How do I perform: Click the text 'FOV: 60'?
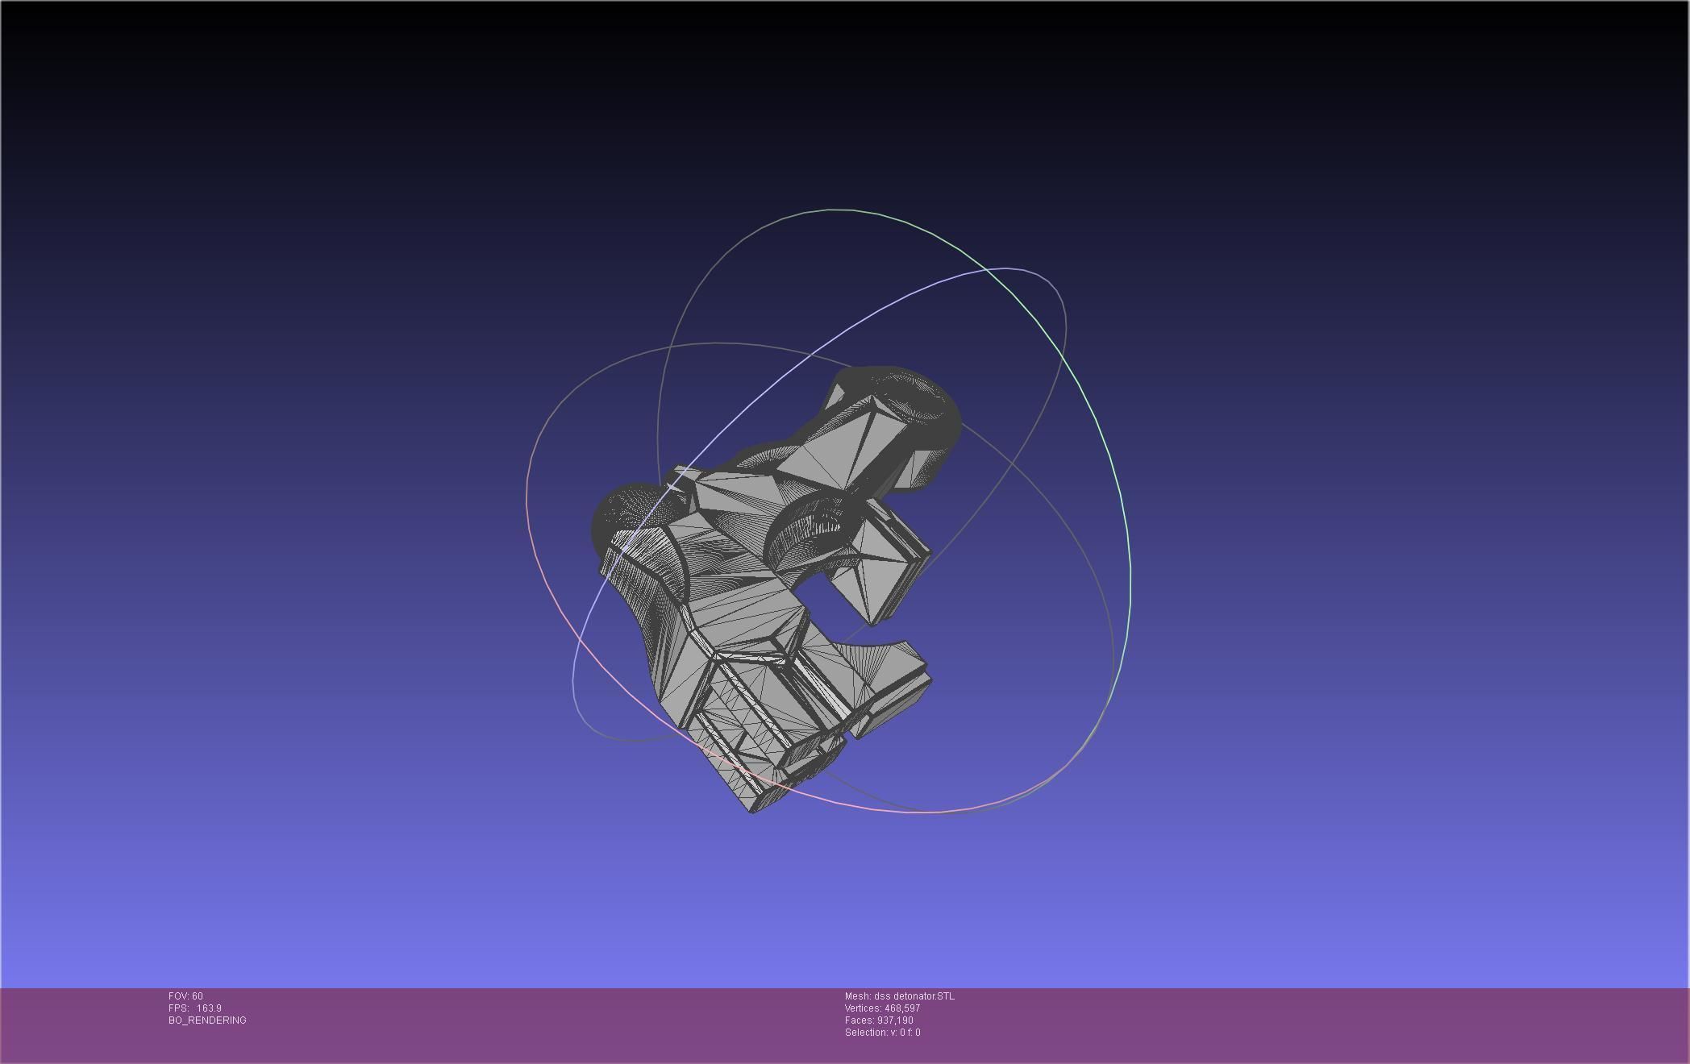185,996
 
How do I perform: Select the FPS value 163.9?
209,1008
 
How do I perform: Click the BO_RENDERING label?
207,1020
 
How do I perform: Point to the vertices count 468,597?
902,1008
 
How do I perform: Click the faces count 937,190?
895,1020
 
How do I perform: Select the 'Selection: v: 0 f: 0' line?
882,1033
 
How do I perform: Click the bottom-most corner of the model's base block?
752,811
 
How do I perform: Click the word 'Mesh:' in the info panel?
857,996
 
